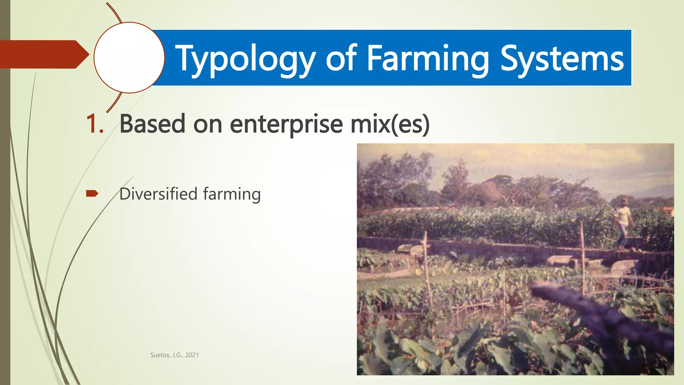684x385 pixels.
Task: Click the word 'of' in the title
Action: tap(341, 58)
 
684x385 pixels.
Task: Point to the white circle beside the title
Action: tap(129, 57)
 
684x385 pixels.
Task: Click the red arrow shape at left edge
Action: tap(43, 54)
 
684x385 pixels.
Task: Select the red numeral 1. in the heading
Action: tap(95, 124)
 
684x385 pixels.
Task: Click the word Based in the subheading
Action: tap(152, 124)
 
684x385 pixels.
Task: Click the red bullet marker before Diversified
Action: tap(92, 194)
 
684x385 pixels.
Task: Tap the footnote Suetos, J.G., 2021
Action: tap(174, 355)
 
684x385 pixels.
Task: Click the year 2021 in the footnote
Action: tap(192, 355)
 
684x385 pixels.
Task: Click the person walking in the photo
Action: tap(623, 224)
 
